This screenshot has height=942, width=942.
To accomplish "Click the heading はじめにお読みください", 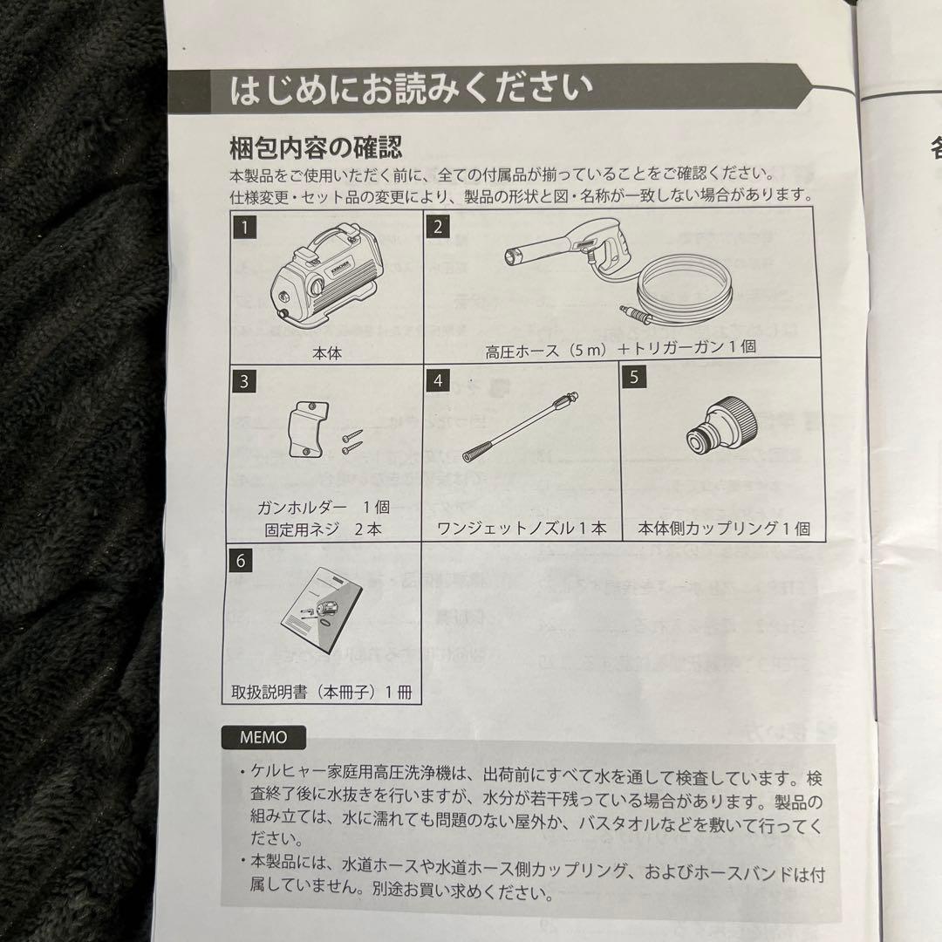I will click(411, 91).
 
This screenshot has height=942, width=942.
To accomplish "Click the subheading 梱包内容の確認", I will click(315, 146).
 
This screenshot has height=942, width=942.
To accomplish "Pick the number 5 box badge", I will click(635, 377).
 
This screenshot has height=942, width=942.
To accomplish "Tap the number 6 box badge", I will click(241, 560).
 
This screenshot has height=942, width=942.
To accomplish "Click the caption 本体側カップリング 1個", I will click(723, 529).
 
